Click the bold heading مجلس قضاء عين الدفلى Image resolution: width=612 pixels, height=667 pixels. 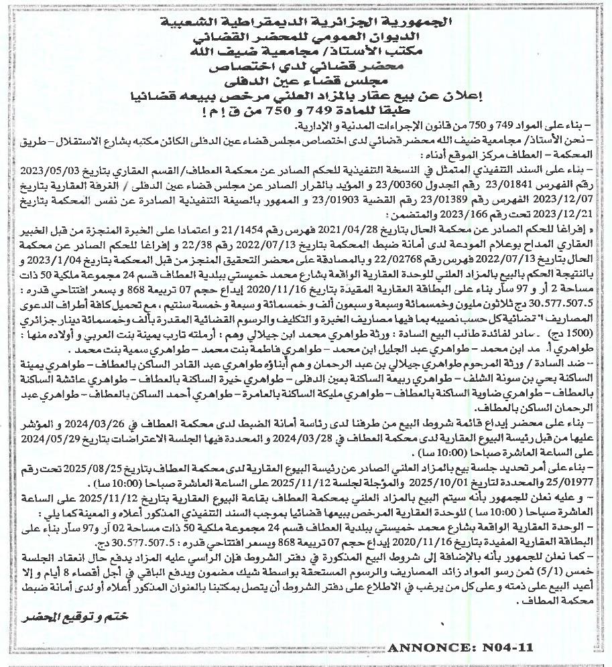(x=307, y=82)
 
